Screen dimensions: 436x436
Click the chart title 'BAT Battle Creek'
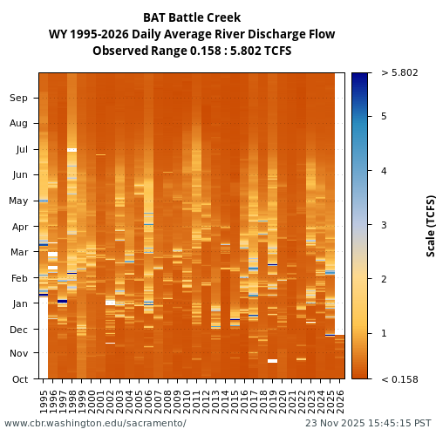(x=192, y=17)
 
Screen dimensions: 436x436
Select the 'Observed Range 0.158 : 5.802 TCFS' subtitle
(x=192, y=51)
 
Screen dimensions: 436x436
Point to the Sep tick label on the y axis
(x=19, y=98)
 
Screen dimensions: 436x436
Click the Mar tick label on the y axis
(x=19, y=252)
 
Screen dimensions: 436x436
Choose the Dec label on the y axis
(x=19, y=330)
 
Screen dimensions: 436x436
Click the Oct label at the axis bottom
(x=19, y=379)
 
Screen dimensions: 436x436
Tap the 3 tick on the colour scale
(x=383, y=225)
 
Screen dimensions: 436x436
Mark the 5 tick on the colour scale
(x=383, y=116)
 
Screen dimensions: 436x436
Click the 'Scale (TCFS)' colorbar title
(x=431, y=225)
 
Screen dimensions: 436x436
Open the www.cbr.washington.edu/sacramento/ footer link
(x=95, y=424)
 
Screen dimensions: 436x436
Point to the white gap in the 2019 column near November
(x=273, y=360)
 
